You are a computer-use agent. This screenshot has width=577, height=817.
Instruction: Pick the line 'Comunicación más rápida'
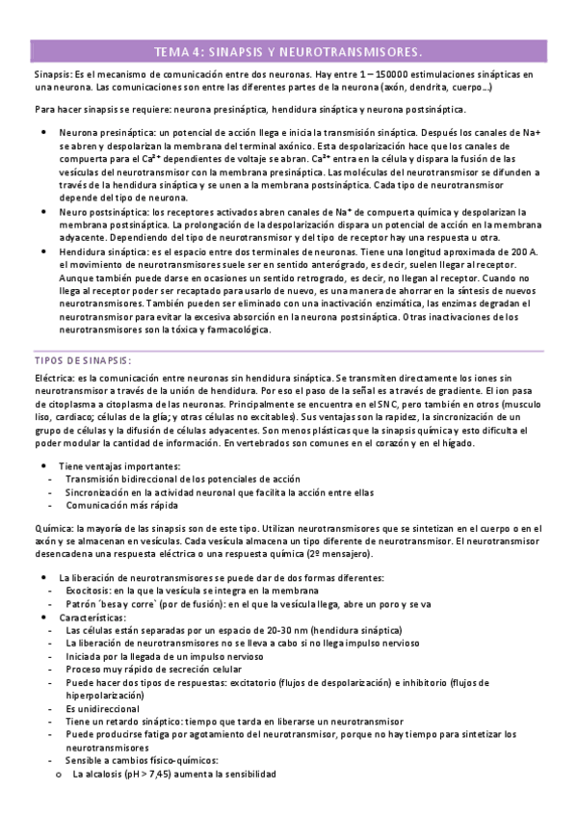click(121, 505)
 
